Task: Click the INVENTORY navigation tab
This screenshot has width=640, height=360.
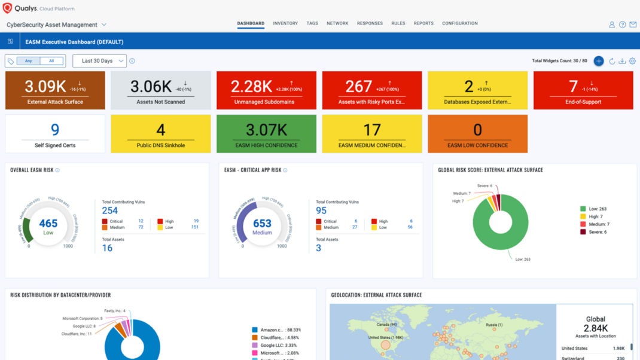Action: [285, 23]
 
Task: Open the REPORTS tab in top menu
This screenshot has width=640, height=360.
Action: [423, 23]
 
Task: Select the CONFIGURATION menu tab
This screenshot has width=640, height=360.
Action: [459, 23]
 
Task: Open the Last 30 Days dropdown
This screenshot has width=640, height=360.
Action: [99, 61]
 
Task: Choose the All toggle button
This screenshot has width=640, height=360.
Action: [51, 61]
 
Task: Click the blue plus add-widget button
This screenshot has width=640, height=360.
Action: [598, 61]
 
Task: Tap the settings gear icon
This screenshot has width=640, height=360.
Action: [632, 61]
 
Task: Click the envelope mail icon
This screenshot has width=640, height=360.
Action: [633, 25]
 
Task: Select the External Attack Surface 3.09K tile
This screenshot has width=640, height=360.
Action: [55, 90]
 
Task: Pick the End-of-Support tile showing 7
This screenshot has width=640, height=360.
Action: [583, 90]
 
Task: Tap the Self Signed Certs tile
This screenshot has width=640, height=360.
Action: [55, 134]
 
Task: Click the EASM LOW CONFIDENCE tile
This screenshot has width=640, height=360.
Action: [477, 134]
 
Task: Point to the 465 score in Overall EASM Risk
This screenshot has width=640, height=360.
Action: [48, 224]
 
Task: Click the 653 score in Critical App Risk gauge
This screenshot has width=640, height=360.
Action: [262, 224]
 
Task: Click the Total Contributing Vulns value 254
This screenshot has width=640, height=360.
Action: [110, 210]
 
